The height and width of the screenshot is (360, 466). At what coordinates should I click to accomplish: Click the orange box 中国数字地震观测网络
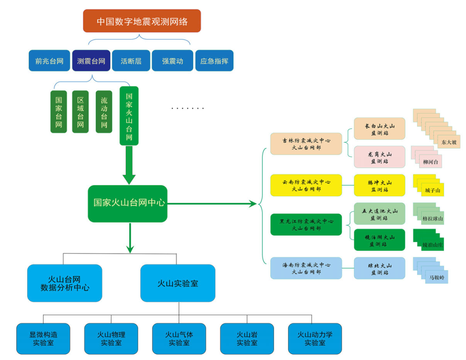[x=142, y=21]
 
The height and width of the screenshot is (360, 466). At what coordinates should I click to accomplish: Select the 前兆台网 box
[x=49, y=61]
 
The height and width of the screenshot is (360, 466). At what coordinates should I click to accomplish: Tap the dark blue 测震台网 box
[x=91, y=61]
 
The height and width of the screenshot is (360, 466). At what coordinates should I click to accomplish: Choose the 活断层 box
[x=131, y=61]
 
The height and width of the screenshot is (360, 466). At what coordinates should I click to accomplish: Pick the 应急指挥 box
[x=214, y=61]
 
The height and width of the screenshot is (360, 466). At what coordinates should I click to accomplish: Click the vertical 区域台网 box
[x=80, y=112]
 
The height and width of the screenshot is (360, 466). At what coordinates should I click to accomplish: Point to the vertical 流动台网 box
[x=104, y=112]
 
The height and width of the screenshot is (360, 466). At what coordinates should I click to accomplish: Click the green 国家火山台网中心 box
[x=128, y=203]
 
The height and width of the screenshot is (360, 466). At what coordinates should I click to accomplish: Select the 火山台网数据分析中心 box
[x=65, y=283]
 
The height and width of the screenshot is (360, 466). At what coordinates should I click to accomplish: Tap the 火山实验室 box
[x=178, y=283]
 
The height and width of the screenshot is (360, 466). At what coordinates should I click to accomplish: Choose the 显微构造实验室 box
[x=43, y=339]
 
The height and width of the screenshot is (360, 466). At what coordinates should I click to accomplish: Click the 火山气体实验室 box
[x=179, y=339]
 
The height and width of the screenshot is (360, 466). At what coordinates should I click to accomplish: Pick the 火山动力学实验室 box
[x=314, y=339]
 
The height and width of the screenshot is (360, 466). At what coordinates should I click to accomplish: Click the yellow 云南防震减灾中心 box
[x=306, y=185]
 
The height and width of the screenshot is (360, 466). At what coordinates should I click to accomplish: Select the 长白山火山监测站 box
[x=379, y=129]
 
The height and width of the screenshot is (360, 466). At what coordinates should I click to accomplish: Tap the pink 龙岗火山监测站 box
[x=379, y=157]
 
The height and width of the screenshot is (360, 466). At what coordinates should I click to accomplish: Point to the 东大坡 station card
[x=449, y=142]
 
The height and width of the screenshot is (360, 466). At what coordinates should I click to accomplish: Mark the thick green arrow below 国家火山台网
[x=129, y=165]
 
